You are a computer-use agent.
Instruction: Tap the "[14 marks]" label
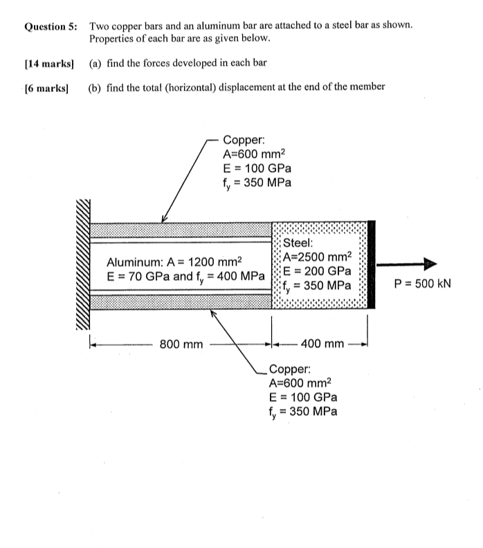[48, 63]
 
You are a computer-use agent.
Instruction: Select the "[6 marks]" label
[46, 86]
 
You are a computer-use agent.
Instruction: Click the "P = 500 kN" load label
[421, 283]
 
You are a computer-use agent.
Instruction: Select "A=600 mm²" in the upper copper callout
[254, 155]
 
